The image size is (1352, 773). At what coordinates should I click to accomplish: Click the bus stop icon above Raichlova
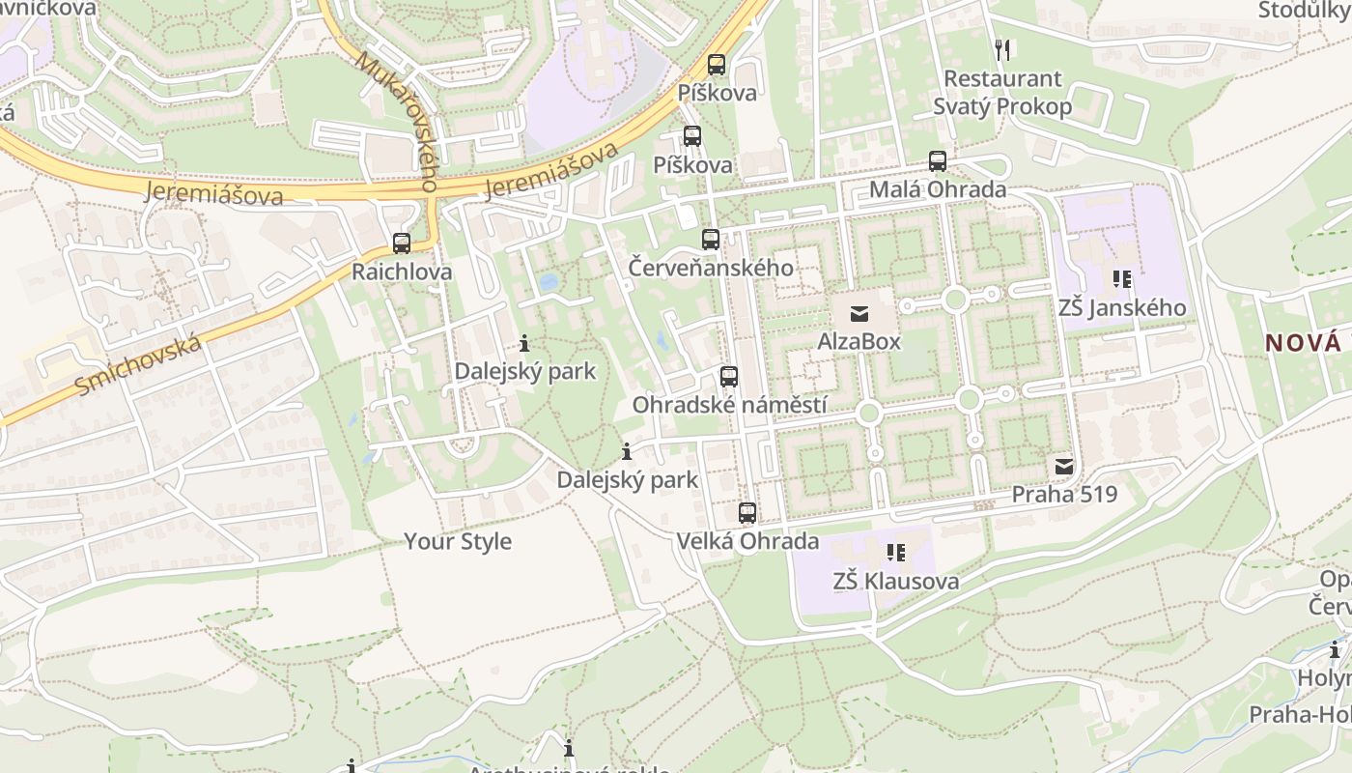pos(402,243)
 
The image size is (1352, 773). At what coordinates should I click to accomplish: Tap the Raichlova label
pos(402,272)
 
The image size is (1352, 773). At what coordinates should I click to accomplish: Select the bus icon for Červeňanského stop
pos(711,240)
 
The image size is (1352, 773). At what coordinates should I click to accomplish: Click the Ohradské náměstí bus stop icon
pos(729,377)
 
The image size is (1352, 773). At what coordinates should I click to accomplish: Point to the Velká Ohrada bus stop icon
pos(747,513)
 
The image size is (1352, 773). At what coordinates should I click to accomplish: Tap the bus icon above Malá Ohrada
pos(938,161)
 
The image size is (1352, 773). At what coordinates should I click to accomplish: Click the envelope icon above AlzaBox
pos(859,313)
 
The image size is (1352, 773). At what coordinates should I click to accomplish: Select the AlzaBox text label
pos(859,341)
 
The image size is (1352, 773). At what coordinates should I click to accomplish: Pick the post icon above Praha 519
pos(1064,467)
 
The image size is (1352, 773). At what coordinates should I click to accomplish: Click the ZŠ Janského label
pos(1122,308)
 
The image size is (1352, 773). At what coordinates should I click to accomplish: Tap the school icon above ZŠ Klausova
pos(896,553)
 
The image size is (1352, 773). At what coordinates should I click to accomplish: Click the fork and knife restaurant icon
pos(1002,49)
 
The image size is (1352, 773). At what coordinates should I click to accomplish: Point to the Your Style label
pos(458,541)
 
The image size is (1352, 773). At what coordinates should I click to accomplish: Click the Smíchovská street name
pos(139,365)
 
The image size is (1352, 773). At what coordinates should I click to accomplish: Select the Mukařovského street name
pos(397,120)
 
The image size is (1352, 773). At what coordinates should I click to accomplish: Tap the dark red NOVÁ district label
pos(1304,342)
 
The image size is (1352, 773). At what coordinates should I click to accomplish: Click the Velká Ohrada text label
pos(747,541)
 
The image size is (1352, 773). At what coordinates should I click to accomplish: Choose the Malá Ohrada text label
pos(938,189)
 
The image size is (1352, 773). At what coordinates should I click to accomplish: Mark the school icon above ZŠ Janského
pos(1122,280)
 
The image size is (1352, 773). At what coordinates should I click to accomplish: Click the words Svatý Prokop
pos(1002,106)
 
